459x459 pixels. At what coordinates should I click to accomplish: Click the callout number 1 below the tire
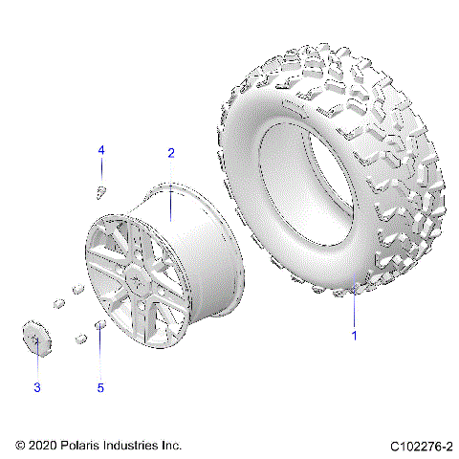[354, 336]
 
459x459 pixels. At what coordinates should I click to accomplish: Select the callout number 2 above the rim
[171, 153]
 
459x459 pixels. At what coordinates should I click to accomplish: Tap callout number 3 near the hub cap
[37, 387]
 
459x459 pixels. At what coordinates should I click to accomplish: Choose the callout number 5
[100, 387]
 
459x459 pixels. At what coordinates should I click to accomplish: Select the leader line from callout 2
[171, 191]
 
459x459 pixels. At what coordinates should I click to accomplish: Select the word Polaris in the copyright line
[92, 446]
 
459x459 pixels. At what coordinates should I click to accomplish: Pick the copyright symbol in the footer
[21, 446]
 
